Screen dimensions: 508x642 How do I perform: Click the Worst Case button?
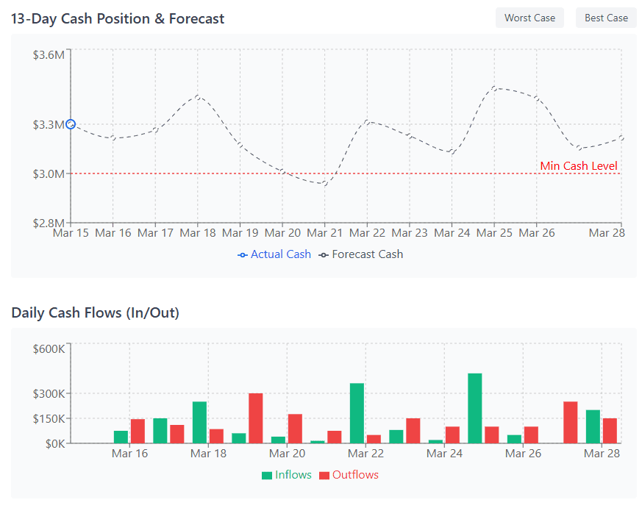tap(529, 18)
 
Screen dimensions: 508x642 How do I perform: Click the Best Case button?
tap(606, 18)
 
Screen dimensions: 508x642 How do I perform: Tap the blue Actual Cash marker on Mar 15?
tap(71, 124)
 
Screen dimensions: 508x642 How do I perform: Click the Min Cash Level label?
tap(579, 166)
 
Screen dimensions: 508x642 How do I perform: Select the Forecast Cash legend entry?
tap(361, 254)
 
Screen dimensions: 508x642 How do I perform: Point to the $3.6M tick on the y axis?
tap(49, 54)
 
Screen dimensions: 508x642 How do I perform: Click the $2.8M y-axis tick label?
tap(49, 223)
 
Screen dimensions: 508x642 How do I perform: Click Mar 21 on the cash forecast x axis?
tap(324, 233)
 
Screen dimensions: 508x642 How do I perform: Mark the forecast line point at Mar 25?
tap(494, 88)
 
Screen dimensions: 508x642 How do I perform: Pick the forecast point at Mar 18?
tap(198, 96)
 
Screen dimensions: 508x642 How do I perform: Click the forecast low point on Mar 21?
tap(324, 184)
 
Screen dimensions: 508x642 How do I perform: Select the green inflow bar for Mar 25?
tap(474, 408)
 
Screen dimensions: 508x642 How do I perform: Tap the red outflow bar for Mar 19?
tap(255, 418)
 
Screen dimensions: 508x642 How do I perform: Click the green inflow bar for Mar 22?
tap(357, 413)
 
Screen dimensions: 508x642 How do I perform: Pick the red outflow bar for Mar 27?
tap(570, 422)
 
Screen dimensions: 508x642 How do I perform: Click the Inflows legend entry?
tap(287, 475)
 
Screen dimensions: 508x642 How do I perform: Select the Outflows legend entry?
tap(349, 475)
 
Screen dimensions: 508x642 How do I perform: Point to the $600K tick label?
tap(49, 348)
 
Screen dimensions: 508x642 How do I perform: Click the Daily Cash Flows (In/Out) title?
tap(96, 313)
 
